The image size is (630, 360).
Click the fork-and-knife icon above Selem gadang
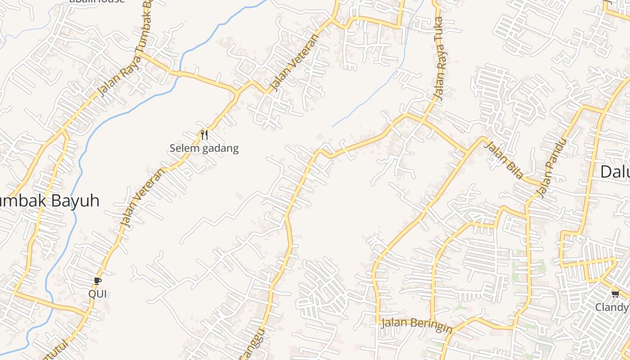(x=204, y=135)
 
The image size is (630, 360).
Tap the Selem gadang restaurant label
(x=204, y=148)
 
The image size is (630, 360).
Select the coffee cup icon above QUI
(x=98, y=281)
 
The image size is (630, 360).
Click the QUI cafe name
(x=98, y=294)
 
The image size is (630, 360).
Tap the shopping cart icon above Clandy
(x=615, y=294)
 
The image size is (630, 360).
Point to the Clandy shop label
(x=612, y=307)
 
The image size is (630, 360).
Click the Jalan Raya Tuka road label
(x=438, y=58)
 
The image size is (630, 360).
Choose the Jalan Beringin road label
(x=416, y=325)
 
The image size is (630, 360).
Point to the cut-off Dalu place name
(x=616, y=171)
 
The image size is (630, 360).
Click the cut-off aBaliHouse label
(x=96, y=1)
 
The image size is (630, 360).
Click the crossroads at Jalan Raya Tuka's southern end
(x=423, y=120)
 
